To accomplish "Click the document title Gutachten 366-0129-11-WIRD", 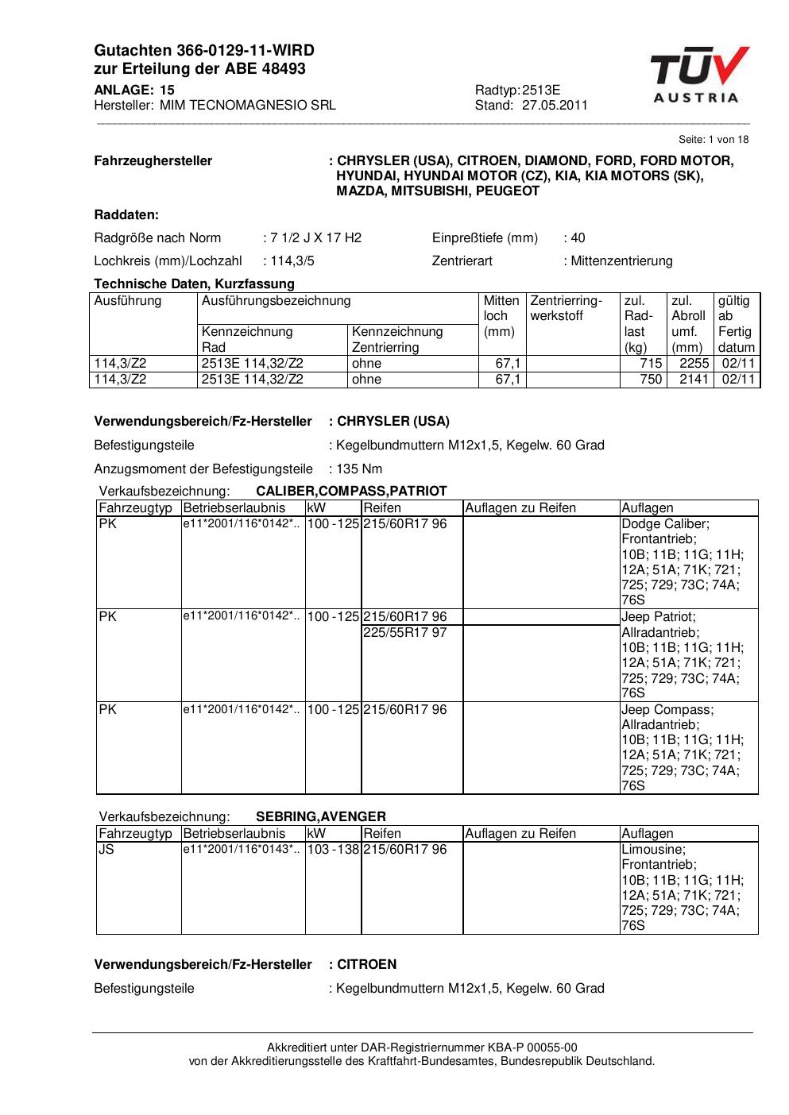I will tap(204, 51).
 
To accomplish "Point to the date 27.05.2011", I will tap(555, 105).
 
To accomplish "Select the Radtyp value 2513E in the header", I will tap(541, 90).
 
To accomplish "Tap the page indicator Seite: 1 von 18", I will tap(714, 139).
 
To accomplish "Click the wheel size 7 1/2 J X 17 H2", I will tap(315, 237).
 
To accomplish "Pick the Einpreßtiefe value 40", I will tap(578, 237).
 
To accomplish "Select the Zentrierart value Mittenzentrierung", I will tap(621, 260).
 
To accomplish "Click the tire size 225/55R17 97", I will tap(405, 632).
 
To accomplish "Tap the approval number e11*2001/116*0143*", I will tap(242, 849).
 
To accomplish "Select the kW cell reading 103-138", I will tap(333, 849).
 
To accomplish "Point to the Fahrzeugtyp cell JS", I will tap(106, 849).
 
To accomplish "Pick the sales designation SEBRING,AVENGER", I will tap(321, 816).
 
